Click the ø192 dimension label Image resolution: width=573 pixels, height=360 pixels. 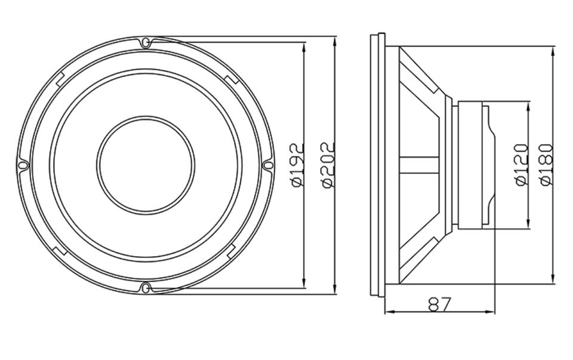pos(298,165)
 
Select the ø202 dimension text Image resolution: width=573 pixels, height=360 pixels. pos(328,165)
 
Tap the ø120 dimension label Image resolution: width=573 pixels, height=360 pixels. pos(522,165)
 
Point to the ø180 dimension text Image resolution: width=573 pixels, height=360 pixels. pos(546,165)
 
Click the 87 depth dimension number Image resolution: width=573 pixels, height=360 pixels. pos(440,304)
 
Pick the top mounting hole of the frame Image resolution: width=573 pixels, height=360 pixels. pos(146,43)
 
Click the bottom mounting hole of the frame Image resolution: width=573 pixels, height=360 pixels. pos(146,288)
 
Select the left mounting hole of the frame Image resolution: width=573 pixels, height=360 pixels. pos(23,165)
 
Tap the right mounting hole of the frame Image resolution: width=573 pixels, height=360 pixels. pos(269,165)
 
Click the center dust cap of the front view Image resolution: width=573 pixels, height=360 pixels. pos(146,165)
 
